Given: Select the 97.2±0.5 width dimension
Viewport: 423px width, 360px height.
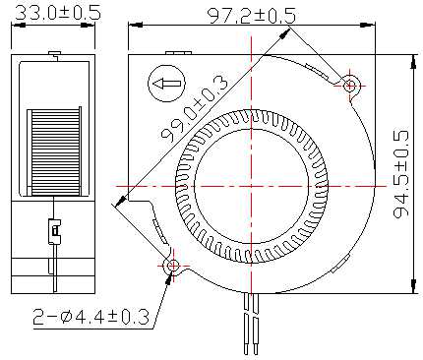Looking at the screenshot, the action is pos(252,15).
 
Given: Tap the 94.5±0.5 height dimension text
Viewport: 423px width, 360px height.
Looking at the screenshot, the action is pos(401,174).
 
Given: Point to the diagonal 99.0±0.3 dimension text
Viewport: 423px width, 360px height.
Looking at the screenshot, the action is pos(194,108).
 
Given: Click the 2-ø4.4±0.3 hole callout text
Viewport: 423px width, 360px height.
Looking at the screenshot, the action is pos(91,317).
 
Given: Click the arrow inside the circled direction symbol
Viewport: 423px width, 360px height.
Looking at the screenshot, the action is pos(167,84).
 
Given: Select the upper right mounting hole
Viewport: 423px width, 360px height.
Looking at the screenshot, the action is pos(350,86).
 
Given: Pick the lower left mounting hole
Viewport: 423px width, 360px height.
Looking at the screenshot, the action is pos(173,266).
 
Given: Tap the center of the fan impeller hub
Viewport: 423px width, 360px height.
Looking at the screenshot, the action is pos(251,186).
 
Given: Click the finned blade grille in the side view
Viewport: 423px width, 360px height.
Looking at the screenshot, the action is pos(54,152).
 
